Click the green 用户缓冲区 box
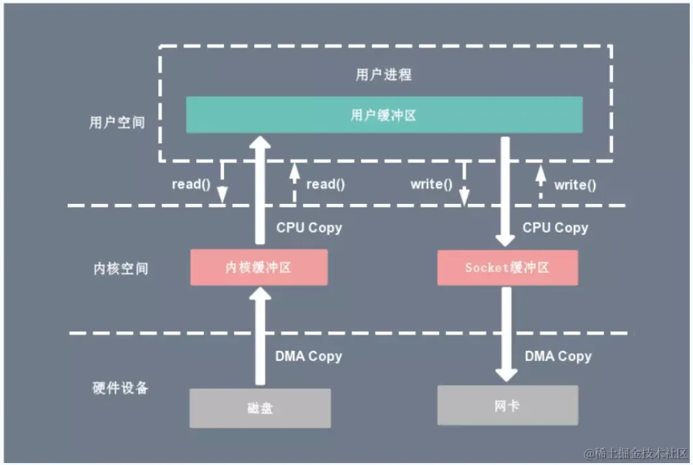(384, 115)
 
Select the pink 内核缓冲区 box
(259, 267)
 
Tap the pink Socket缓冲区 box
(507, 267)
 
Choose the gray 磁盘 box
(260, 408)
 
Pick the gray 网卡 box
(507, 406)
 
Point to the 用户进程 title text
(384, 74)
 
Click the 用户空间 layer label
(117, 122)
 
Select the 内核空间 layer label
(120, 268)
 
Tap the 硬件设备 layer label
(120, 388)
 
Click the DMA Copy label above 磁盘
(308, 356)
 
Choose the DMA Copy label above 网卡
(558, 356)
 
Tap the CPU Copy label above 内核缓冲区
(309, 228)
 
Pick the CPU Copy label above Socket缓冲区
(555, 228)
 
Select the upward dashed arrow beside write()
(540, 183)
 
